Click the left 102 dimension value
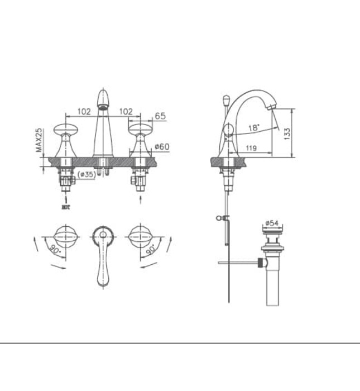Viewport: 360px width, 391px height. tap(84, 112)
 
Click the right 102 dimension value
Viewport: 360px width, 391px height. tap(126, 112)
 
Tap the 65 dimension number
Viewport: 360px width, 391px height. tap(160, 116)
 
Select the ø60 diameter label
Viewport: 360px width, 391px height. tap(162, 147)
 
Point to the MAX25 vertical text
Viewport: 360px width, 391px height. tap(39, 140)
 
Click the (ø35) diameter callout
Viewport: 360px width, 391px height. tap(87, 174)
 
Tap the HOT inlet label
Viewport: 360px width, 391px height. tap(66, 207)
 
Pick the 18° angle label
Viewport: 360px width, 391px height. tap(254, 128)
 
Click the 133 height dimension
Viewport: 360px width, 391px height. tap(287, 134)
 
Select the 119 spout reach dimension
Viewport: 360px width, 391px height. tap(251, 148)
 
